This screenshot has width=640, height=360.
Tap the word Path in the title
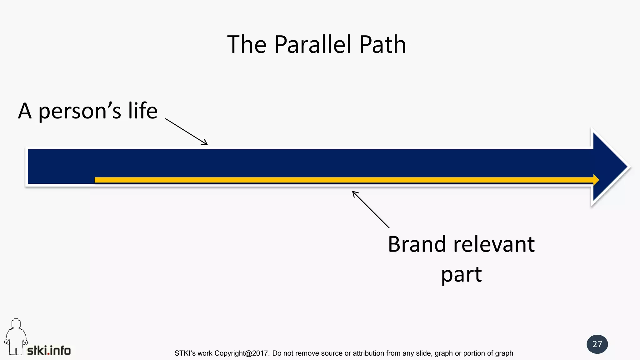pos(382,44)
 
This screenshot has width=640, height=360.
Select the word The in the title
pos(247,44)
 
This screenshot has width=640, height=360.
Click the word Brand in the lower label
pos(417,244)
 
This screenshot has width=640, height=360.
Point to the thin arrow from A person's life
pos(186,132)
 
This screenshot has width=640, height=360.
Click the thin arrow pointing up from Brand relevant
pos(371,209)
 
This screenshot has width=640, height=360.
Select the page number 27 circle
pos(597,344)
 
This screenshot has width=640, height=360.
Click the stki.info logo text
pos(49,350)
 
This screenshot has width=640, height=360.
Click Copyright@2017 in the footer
pos(242,353)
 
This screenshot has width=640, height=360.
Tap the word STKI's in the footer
pos(185,353)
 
